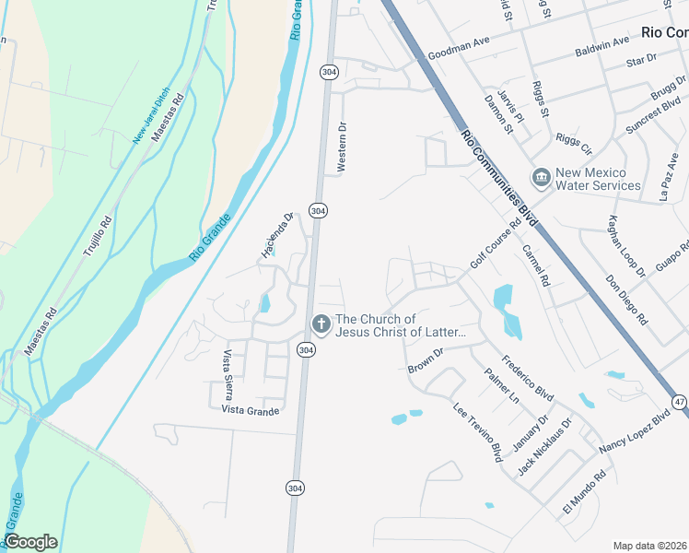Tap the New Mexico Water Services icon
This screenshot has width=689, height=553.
(x=541, y=176)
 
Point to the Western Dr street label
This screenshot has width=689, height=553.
(x=342, y=147)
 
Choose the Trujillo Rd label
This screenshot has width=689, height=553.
(x=97, y=235)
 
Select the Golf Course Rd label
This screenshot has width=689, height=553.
(x=496, y=244)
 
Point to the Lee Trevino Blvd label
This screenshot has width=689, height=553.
(x=477, y=431)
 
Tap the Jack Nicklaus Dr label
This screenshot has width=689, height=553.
(x=544, y=447)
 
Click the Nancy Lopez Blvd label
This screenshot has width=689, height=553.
(x=633, y=432)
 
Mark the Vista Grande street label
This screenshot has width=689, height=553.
(x=250, y=411)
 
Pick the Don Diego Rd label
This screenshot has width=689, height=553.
(x=626, y=300)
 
